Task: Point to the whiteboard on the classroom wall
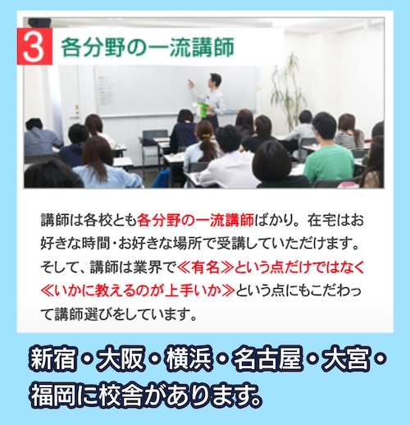(x=139, y=90)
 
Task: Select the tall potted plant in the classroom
(x=289, y=90)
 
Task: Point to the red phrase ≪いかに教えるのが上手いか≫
(x=130, y=291)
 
